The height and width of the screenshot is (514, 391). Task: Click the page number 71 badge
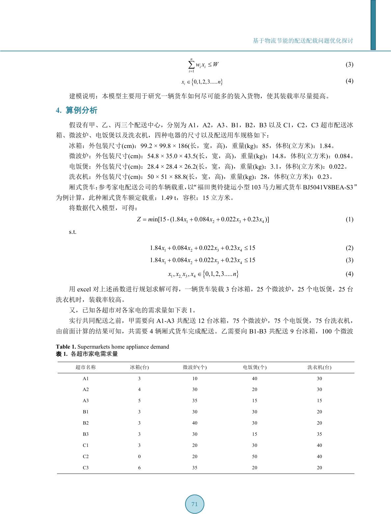point(194,504)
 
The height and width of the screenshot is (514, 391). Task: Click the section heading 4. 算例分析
point(77,110)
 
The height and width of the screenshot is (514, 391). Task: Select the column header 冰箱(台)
point(139,367)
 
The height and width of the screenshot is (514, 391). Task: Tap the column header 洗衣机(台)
point(319,367)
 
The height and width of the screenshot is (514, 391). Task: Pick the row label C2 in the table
point(86,456)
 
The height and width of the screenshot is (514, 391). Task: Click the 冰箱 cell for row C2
point(139,456)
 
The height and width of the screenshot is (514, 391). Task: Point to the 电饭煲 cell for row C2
point(255,456)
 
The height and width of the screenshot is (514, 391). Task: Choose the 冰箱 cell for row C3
point(139,468)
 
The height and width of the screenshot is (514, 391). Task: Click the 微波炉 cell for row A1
point(195,379)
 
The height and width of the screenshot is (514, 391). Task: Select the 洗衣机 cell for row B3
point(319,434)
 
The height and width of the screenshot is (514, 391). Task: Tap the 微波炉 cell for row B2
point(195,423)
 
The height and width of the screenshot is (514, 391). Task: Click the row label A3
point(86,401)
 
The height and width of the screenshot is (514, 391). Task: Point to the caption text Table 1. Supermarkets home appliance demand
point(112,347)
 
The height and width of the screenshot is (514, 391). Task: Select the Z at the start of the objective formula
point(139,219)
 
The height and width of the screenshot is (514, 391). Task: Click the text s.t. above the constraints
point(73,232)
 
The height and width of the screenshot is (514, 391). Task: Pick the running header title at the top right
point(303,41)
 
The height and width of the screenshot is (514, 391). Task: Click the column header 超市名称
point(86,367)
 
